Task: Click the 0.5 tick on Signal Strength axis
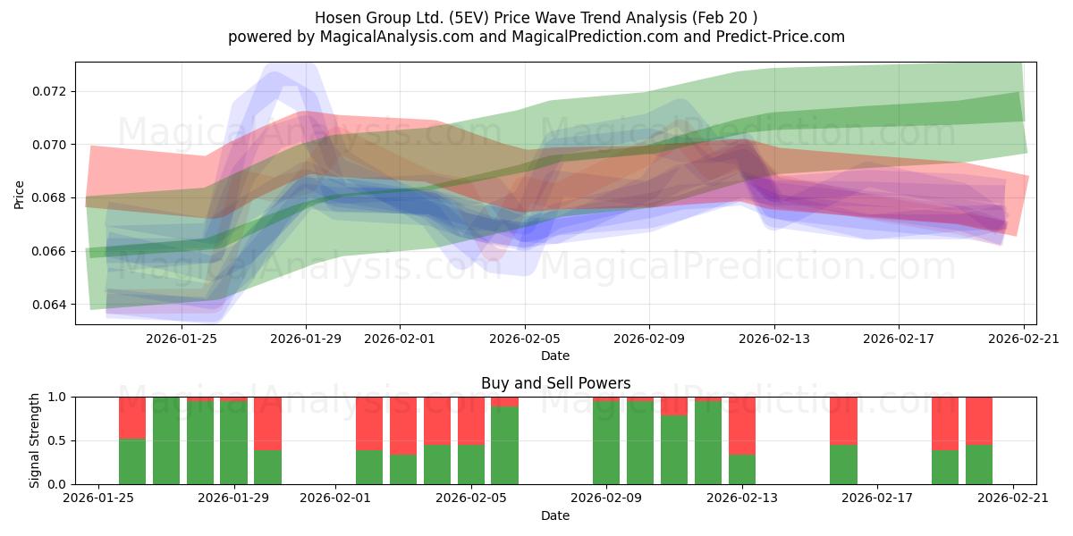(57, 440)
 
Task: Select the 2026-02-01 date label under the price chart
(400, 339)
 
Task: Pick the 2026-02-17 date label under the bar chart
(877, 498)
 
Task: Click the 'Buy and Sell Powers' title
(555, 383)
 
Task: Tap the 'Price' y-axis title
(19, 195)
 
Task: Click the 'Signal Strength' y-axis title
(34, 440)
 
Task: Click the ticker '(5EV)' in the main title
(469, 18)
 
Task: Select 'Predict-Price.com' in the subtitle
(781, 37)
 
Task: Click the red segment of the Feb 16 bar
(843, 421)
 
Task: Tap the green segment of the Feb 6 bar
(504, 446)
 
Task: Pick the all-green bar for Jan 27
(166, 440)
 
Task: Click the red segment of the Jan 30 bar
(267, 423)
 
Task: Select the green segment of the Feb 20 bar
(979, 465)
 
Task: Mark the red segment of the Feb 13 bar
(742, 426)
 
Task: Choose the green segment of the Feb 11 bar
(674, 450)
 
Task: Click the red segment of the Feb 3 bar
(403, 426)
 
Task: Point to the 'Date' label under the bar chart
(555, 516)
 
